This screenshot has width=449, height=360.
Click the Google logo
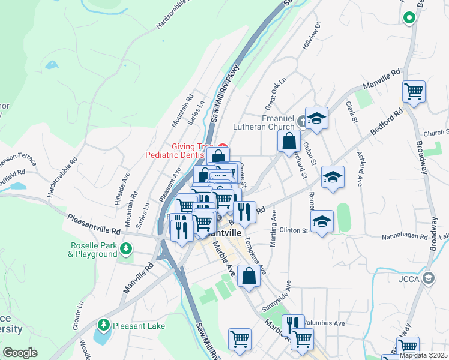(20, 353)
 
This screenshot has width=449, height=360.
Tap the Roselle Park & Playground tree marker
(125, 247)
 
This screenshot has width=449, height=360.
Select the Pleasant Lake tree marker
(104, 325)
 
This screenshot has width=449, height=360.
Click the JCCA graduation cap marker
(429, 278)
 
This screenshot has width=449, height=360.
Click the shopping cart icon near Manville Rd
(414, 91)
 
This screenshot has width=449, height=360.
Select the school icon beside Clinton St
(322, 221)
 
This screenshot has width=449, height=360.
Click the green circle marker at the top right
(409, 18)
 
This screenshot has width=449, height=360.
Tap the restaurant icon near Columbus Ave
(293, 325)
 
